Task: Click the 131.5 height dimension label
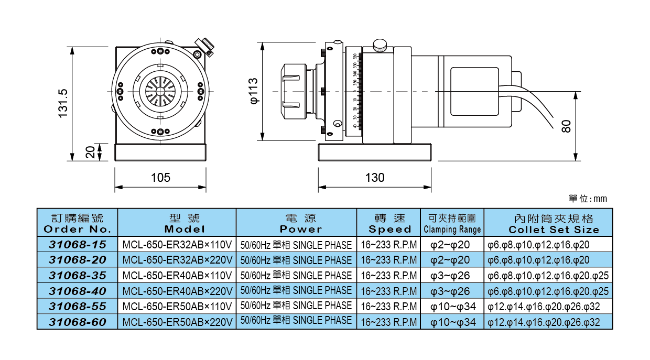coord(63,103)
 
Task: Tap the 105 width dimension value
coord(160,178)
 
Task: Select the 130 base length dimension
coord(374,178)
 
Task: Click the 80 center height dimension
coord(566,126)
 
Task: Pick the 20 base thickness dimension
coord(90,152)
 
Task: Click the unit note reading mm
coord(588,199)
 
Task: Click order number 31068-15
coord(78,245)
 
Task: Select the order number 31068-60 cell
coord(78,322)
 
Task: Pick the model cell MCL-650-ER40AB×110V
coord(177,276)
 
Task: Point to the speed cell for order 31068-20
coord(389,260)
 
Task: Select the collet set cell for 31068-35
coord(548,276)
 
